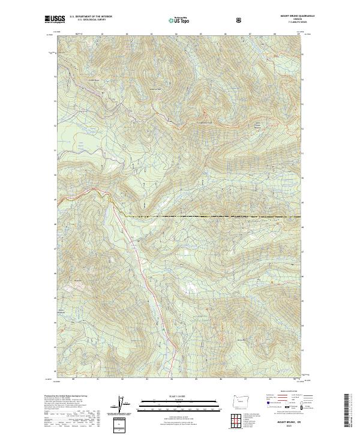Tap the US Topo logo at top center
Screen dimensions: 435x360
(177, 20)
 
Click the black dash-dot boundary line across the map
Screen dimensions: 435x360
(210, 215)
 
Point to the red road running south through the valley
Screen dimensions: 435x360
(144, 270)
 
